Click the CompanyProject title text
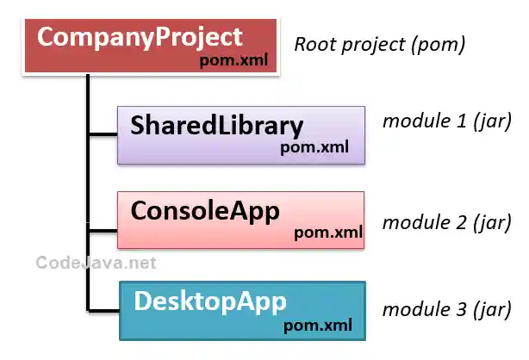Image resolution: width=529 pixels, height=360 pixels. pos(140,39)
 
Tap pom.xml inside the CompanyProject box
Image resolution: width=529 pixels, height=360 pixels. pos(233,60)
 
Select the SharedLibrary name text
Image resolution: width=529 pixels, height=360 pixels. pos(216,126)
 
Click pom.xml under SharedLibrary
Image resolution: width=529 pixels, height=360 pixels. pos(314,147)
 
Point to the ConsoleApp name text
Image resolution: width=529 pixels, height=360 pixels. pos(205,210)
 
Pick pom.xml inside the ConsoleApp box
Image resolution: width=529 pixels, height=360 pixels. pos(328,232)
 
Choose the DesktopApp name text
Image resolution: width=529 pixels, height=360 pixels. pos(209,301)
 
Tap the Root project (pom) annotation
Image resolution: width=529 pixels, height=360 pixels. pos(380,44)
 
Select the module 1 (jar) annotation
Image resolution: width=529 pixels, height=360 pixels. pos(447,121)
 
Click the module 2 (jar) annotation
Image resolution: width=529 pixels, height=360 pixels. pos(447,223)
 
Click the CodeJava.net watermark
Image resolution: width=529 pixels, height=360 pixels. pos(96,263)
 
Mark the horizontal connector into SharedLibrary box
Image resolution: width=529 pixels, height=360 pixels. pos(103,134)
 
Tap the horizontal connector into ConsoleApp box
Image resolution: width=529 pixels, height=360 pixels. pos(103,229)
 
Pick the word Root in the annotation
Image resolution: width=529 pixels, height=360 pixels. pos(314,44)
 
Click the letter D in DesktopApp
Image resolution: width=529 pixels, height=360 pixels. pos(143,301)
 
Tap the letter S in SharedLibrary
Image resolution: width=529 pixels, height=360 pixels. pos(140,126)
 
